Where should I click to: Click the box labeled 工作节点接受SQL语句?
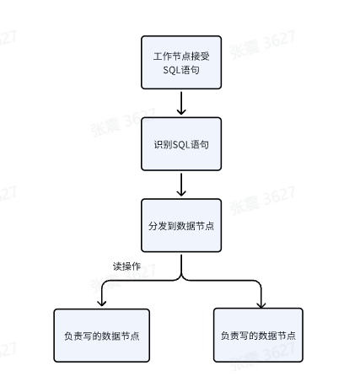pyautogui.click(x=181, y=62)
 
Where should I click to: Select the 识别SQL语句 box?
pyautogui.click(x=181, y=144)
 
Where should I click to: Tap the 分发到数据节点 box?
pyautogui.click(x=181, y=225)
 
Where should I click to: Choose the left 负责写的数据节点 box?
pyautogui.click(x=101, y=336)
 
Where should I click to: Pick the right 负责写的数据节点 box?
pyautogui.click(x=258, y=334)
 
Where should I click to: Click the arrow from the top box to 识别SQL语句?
pyautogui.click(x=181, y=103)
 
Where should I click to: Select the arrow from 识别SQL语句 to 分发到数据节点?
pyautogui.click(x=181, y=185)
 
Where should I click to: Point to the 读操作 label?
pyautogui.click(x=126, y=266)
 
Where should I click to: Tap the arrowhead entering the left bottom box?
pyautogui.click(x=102, y=303)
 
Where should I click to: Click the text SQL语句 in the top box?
pyautogui.click(x=181, y=70)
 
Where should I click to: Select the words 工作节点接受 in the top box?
pyautogui.click(x=181, y=56)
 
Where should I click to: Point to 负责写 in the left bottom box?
pyautogui.click(x=77, y=336)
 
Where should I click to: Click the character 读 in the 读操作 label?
pyautogui.click(x=118, y=266)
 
